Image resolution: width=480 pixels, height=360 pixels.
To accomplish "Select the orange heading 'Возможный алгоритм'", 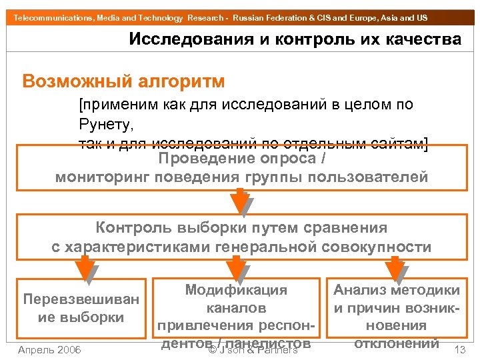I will [123, 82].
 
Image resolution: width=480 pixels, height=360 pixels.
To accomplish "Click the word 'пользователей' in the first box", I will [376, 177].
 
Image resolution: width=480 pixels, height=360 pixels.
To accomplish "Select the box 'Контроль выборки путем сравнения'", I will [241, 237].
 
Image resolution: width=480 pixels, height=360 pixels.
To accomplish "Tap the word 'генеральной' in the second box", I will [259, 247].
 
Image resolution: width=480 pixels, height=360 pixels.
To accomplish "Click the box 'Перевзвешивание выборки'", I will [81, 308].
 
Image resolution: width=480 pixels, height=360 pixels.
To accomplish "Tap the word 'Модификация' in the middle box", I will [236, 291].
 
